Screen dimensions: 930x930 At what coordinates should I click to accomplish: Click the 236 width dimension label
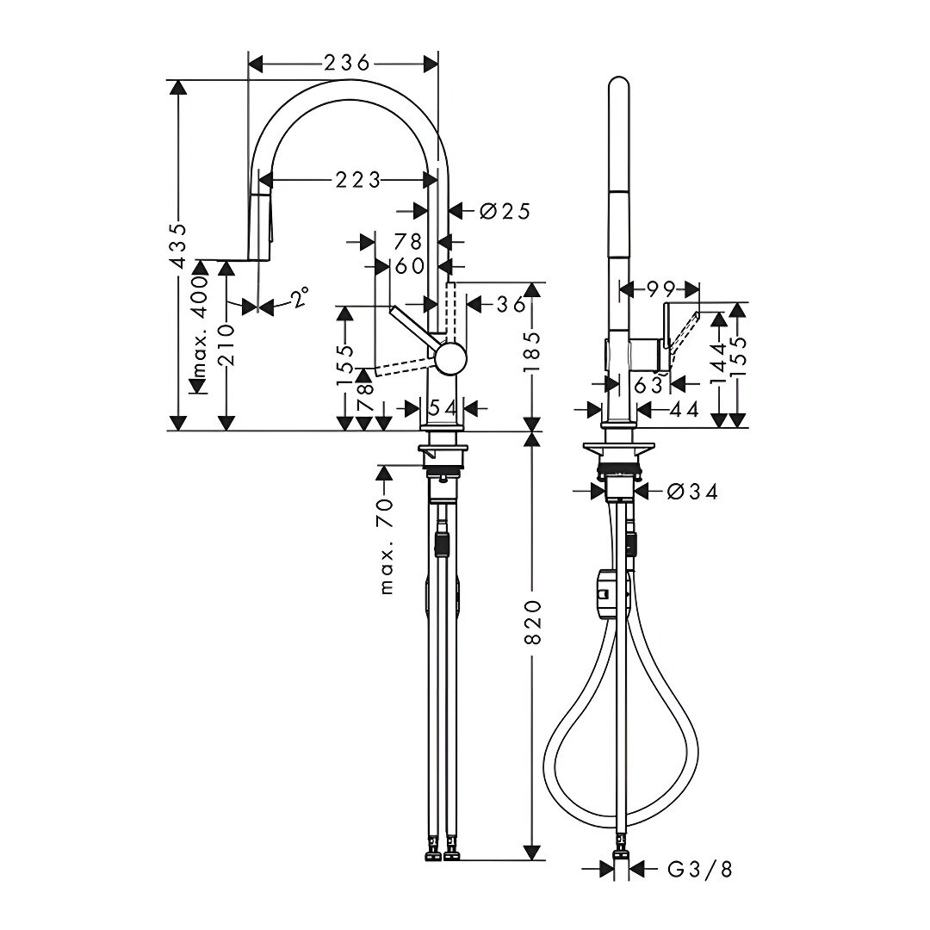(346, 62)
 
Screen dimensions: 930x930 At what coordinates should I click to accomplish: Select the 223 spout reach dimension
(357, 180)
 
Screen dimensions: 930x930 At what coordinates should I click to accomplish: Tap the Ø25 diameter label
(504, 211)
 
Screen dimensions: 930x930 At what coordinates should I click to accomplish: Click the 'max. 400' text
(201, 327)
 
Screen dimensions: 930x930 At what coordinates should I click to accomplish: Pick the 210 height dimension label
(227, 344)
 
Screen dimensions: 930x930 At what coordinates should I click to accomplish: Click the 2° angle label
(301, 296)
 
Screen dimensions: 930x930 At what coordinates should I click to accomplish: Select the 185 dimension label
(532, 351)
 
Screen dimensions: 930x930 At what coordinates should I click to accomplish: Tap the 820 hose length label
(533, 623)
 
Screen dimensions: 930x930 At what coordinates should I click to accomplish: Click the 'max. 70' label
(387, 546)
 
